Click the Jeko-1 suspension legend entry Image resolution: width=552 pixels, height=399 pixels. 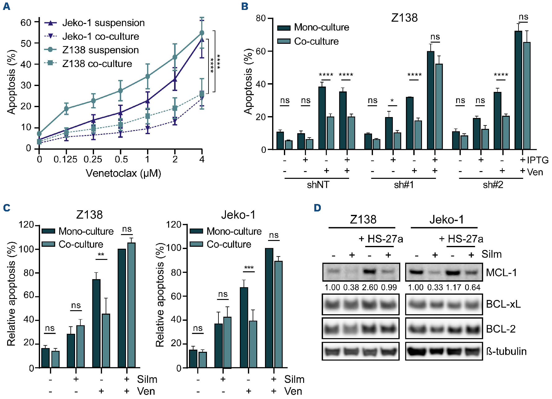pyautogui.click(x=103, y=23)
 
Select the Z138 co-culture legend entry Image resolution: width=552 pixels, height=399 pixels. pyautogui.click(x=97, y=64)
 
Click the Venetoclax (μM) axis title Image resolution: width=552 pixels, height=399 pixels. pyautogui.click(x=123, y=173)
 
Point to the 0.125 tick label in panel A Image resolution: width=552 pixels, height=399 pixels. pyautogui.click(x=65, y=160)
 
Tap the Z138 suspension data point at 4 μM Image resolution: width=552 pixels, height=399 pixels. pyautogui.click(x=202, y=33)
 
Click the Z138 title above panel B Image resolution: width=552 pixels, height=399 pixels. pyautogui.click(x=404, y=18)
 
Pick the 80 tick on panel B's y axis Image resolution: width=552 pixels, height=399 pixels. pyautogui.click(x=261, y=18)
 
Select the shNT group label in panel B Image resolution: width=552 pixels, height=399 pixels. pyautogui.click(x=318, y=185)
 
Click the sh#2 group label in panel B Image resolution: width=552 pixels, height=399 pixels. pyautogui.click(x=493, y=185)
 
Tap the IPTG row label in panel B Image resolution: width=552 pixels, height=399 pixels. pyautogui.click(x=537, y=160)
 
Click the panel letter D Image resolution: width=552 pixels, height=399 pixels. pyautogui.click(x=317, y=208)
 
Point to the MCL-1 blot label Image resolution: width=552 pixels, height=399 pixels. pyautogui.click(x=501, y=273)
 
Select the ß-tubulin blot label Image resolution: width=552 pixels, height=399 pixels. pyautogui.click(x=506, y=351)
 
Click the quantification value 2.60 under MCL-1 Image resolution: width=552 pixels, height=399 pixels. pyautogui.click(x=370, y=288)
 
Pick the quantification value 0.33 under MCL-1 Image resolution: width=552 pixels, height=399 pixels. pyautogui.click(x=435, y=288)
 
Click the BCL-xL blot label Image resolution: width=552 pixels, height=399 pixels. pyautogui.click(x=503, y=304)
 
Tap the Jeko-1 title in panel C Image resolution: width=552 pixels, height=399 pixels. pyautogui.click(x=238, y=215)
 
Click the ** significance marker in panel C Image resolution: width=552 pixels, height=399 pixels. pyautogui.click(x=101, y=255)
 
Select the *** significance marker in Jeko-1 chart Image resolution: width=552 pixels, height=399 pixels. pyautogui.click(x=249, y=268)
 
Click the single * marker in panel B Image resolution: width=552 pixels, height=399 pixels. pyautogui.click(x=392, y=101)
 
